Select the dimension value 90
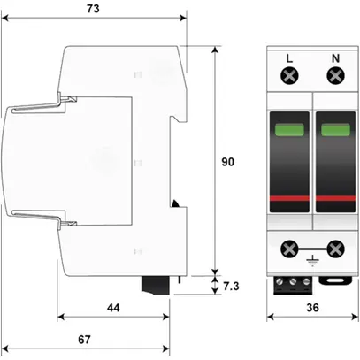[227, 162]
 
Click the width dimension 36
[311, 308]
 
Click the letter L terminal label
[288, 60]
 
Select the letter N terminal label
[335, 60]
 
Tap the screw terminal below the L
[288, 78]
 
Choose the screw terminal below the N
[335, 78]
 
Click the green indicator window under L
[288, 132]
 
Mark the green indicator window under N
[334, 132]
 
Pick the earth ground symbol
[311, 261]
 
